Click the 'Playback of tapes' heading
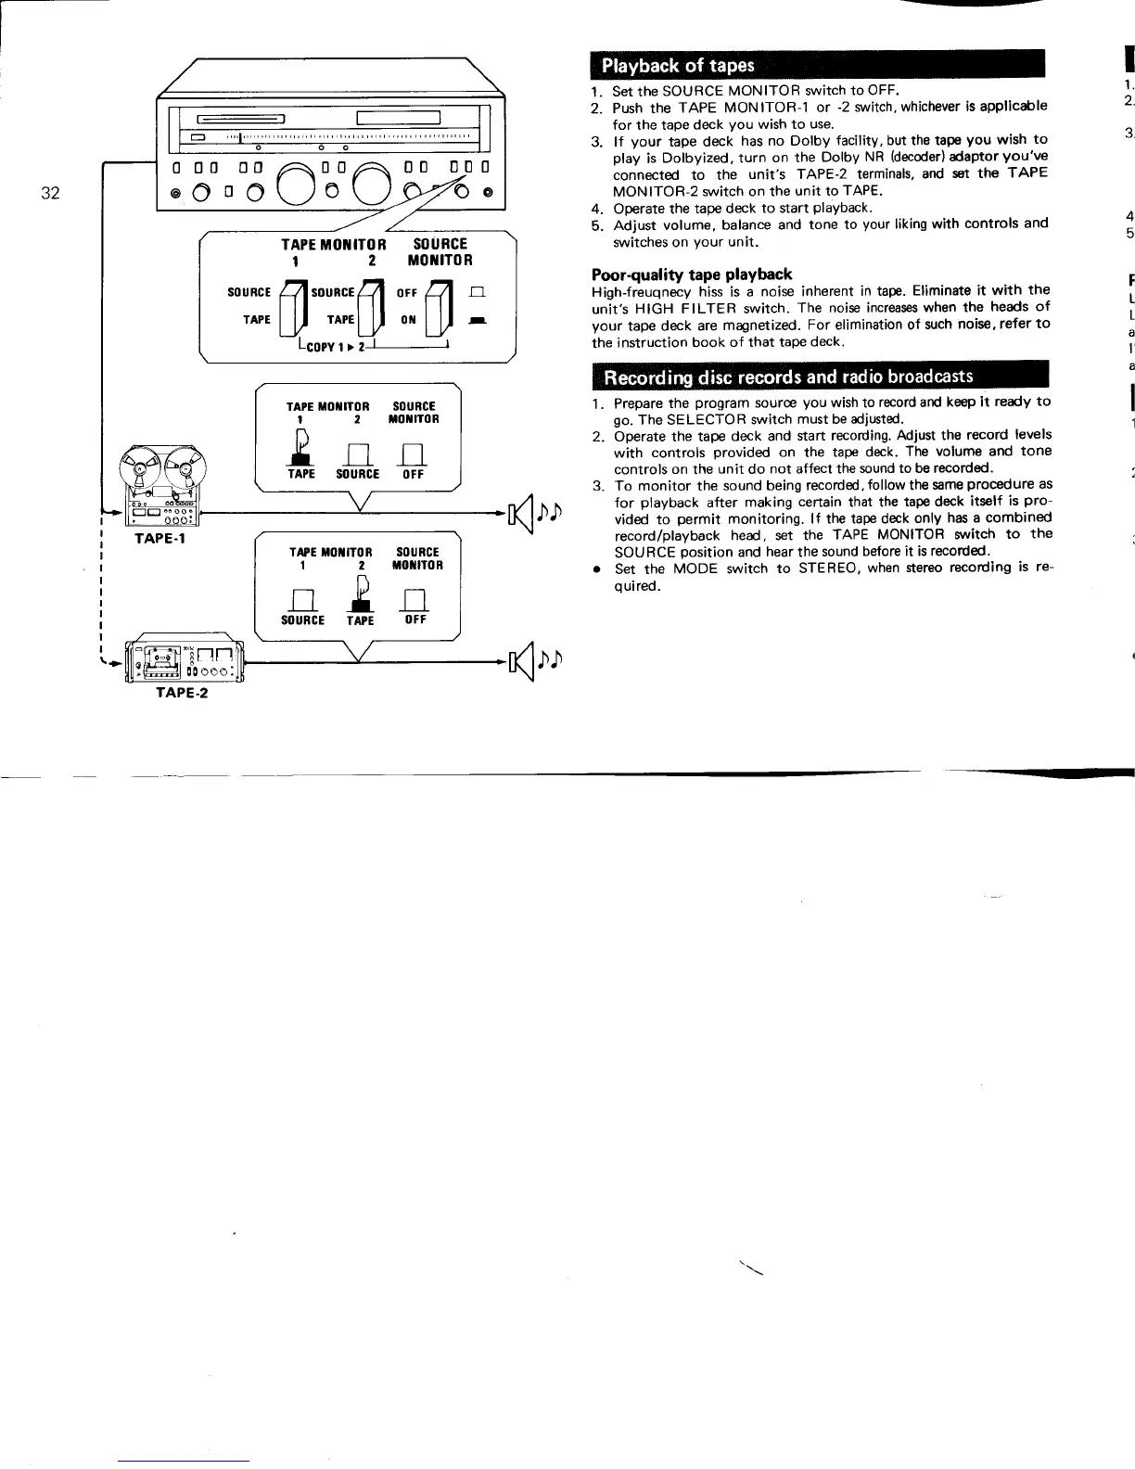coord(678,66)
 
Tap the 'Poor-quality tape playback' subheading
coord(692,274)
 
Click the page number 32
coord(50,193)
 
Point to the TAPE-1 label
coord(159,538)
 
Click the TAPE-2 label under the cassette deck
coord(182,692)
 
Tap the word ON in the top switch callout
coord(408,320)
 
